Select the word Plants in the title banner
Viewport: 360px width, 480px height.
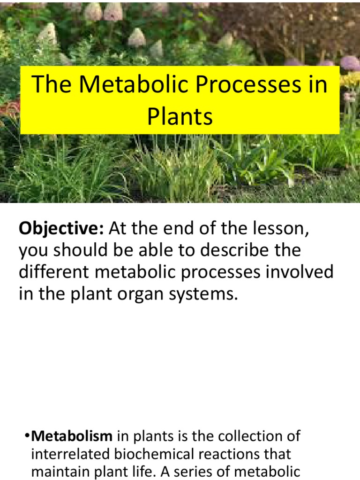click(x=180, y=117)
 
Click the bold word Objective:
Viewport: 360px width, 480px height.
click(x=61, y=230)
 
